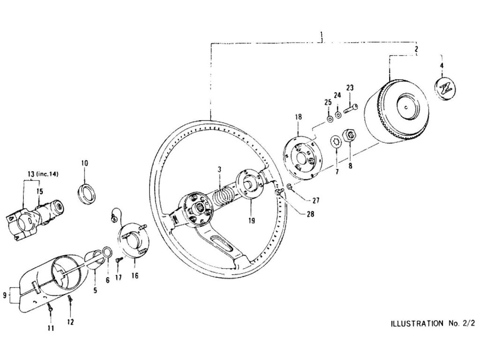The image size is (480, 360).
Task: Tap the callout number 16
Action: pyautogui.click(x=135, y=276)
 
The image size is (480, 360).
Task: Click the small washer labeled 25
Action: pyautogui.click(x=330, y=119)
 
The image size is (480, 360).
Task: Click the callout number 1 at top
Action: pyautogui.click(x=322, y=34)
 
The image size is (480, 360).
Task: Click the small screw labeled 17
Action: pyautogui.click(x=119, y=259)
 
